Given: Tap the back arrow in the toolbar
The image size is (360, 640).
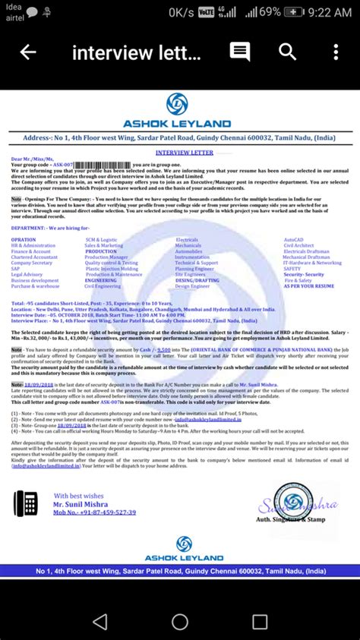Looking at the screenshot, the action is point(28,52).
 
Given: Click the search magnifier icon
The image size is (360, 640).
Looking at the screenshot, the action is point(287,52).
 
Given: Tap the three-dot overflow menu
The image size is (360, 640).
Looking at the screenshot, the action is point(336,52).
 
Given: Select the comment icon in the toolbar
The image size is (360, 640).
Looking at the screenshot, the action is point(240,52).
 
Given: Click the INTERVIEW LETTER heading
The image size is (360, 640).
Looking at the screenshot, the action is point(180,152).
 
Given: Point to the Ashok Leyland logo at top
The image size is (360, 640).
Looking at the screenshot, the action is point(179,104).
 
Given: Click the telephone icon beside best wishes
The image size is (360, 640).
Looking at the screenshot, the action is point(26,503).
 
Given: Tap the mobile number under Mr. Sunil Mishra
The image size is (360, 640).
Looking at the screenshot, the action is point(95,512).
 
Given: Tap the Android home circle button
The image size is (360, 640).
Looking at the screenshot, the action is point(180,622).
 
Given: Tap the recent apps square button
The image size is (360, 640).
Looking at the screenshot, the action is point(260,622).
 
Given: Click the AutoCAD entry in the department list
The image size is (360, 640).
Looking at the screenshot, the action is point(292,239).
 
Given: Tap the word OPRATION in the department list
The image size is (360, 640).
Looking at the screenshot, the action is point(24,239).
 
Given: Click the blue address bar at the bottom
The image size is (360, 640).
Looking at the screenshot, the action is point(180,571).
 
